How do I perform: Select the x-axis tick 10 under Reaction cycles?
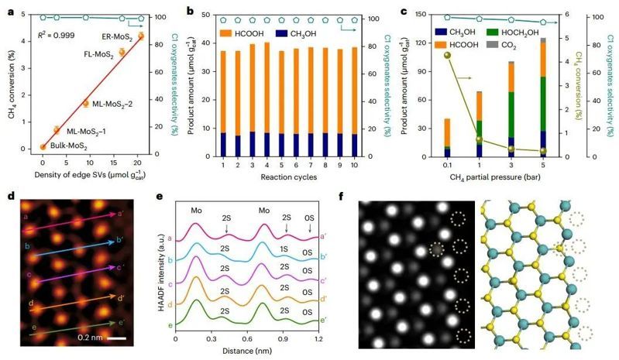[399, 165]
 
